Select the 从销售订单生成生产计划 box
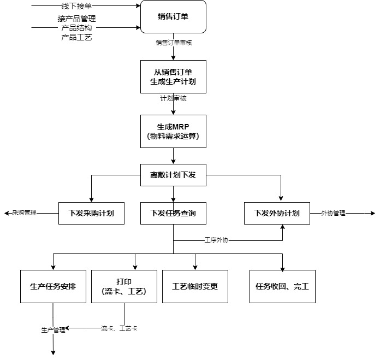pos(173,76)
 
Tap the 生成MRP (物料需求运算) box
pos(173,131)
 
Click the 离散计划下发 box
pos(173,175)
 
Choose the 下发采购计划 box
pos(91,213)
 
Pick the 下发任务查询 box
pos(173,213)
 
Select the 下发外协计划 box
pos(277,213)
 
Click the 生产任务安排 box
pos(53,286)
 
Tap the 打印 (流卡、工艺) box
pos(124,286)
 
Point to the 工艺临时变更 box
pos(195,286)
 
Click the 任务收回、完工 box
pos(282,286)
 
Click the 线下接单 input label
pos(76,7)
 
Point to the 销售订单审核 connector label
pos(173,42)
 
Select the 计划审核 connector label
pos(173,99)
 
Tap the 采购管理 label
pos(24,213)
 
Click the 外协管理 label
pos(333,213)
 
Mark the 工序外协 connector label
pos(216,240)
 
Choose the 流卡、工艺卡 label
pos(118,329)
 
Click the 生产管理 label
pos(53,329)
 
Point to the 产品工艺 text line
pos(76,37)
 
